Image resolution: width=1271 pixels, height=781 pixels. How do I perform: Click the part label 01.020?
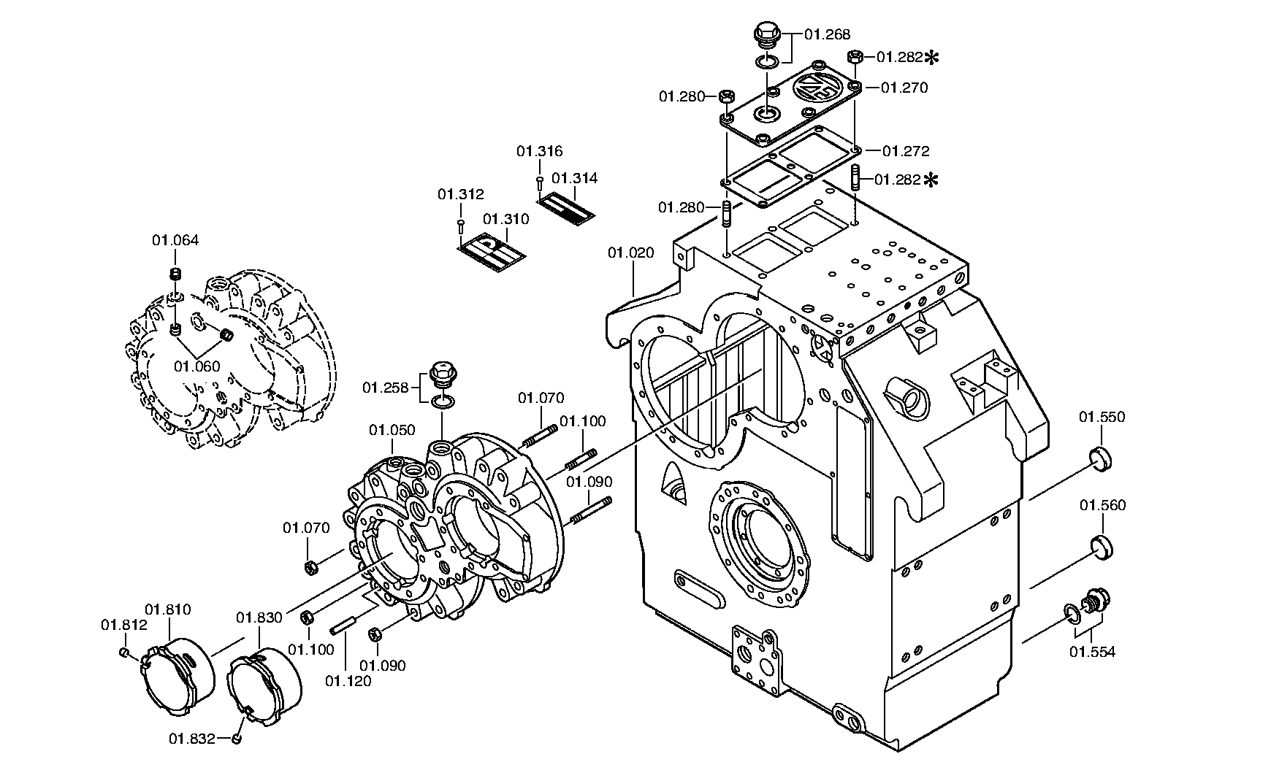631,253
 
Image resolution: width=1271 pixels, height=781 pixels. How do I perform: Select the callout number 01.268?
828,34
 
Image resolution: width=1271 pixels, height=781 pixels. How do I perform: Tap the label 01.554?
1093,652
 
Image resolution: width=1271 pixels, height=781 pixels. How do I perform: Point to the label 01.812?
124,625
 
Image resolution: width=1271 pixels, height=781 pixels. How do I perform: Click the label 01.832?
193,739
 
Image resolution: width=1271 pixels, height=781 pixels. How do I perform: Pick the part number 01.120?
348,681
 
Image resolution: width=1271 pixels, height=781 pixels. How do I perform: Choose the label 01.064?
175,240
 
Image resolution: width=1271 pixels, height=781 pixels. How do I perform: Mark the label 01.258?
386,388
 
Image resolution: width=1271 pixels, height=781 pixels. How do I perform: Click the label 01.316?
540,151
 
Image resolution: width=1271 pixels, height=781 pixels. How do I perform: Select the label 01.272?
906,151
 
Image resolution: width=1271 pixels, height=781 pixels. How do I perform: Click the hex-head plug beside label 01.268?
766,34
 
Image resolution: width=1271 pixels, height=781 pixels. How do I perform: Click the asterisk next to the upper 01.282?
932,57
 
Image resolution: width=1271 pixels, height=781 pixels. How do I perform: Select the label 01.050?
392,430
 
